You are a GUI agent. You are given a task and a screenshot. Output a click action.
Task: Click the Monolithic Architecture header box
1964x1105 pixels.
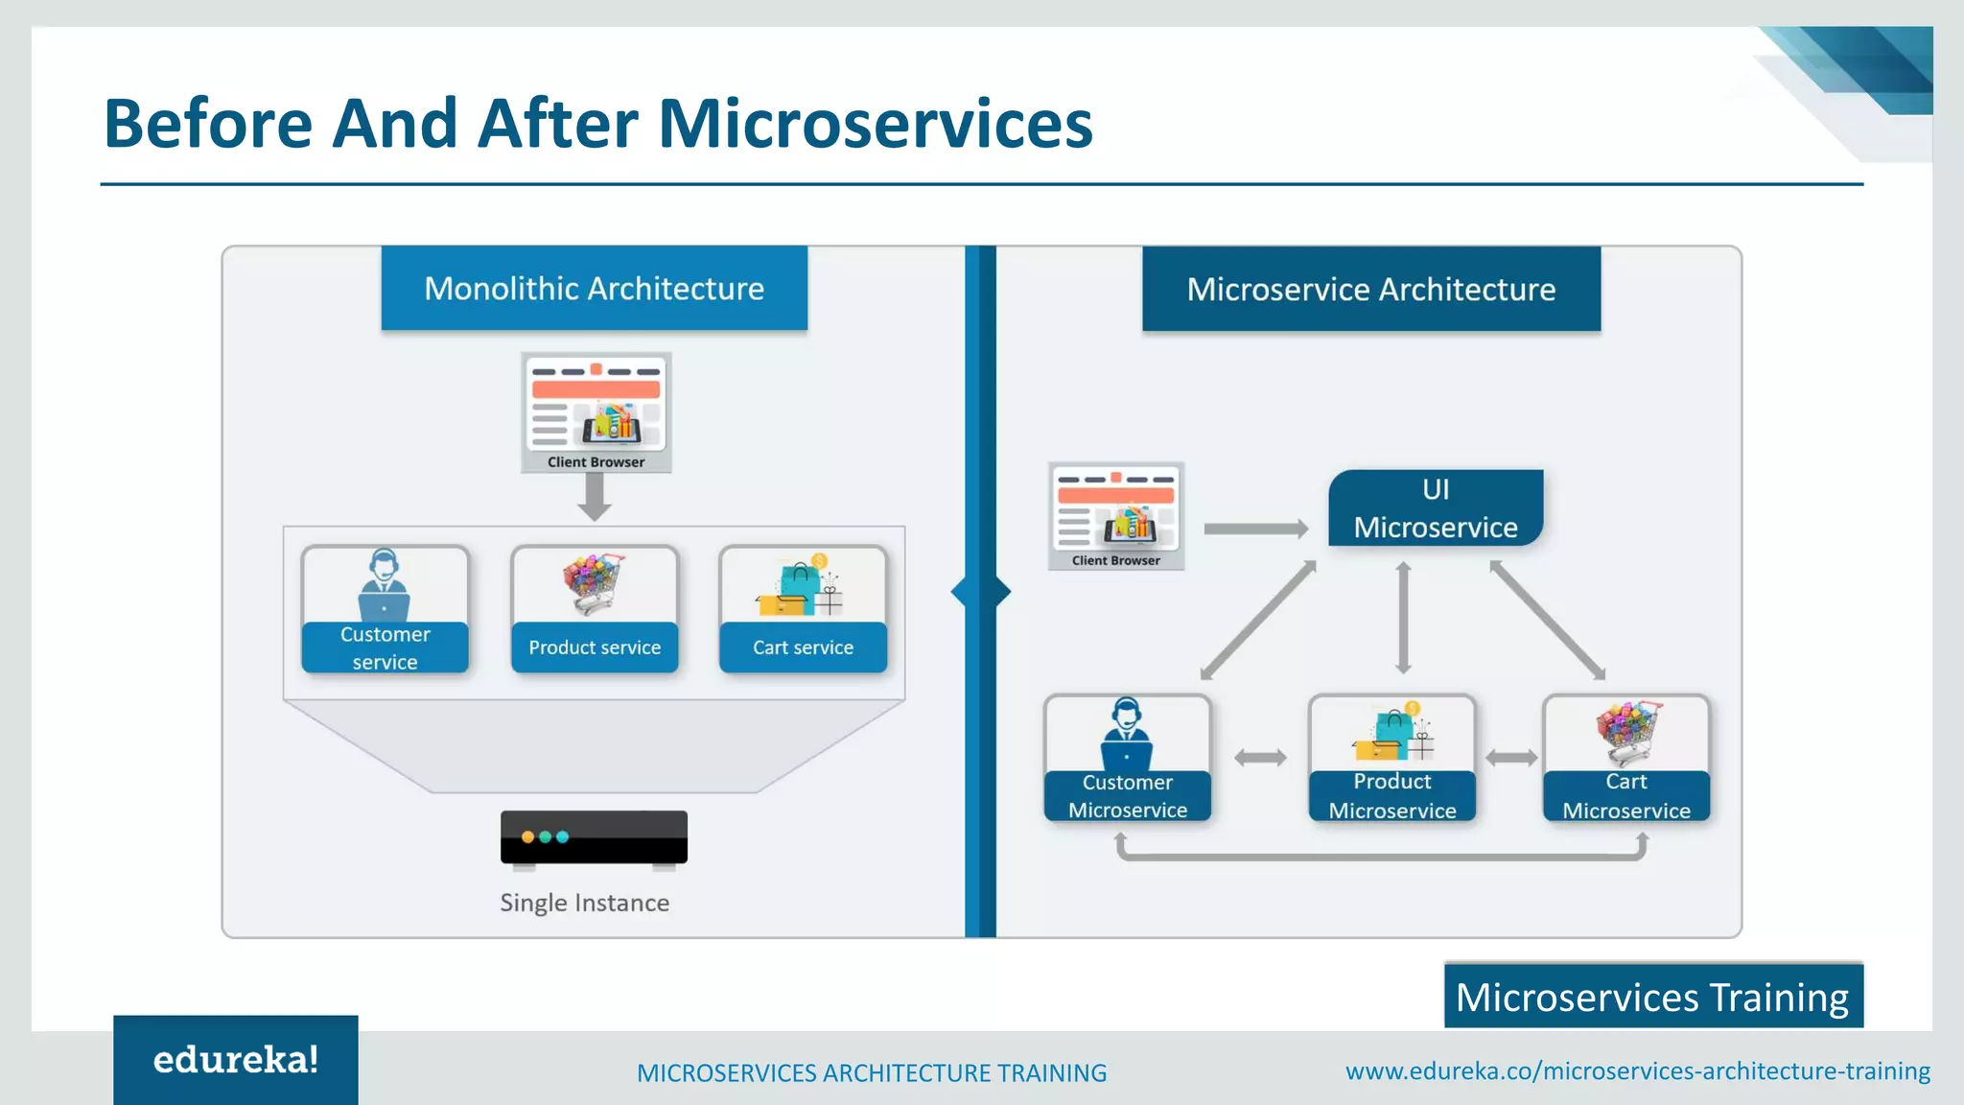594,289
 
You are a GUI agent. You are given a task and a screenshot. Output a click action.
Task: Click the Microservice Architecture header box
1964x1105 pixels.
1370,290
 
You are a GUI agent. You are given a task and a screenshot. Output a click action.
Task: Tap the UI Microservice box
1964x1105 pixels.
1435,508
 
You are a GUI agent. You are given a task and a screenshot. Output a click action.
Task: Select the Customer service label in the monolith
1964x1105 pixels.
385,647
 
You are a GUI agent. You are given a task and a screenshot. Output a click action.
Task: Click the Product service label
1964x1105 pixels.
595,647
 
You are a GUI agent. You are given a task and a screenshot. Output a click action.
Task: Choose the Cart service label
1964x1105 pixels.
803,647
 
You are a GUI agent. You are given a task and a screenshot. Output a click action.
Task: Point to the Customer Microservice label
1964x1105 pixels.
1127,796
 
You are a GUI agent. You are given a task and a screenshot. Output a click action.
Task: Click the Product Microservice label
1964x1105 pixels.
1391,796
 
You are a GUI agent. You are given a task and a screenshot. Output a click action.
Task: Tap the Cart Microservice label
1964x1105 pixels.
1625,796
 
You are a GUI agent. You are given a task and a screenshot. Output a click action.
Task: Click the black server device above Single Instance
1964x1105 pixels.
594,837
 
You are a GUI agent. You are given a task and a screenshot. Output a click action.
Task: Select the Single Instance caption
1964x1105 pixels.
584,903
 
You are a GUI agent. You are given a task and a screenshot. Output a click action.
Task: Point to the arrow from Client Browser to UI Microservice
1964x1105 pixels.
1255,529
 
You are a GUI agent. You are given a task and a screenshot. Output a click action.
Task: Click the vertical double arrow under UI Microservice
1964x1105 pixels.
1403,619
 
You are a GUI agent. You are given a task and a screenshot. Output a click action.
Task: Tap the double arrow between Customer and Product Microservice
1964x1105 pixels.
1259,758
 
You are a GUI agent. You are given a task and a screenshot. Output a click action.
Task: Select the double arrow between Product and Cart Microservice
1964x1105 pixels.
1510,758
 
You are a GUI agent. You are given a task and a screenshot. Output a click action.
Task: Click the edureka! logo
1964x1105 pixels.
235,1060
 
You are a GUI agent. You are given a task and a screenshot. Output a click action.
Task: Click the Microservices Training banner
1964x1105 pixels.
1652,997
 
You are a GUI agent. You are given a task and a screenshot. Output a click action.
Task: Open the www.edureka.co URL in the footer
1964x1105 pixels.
1637,1070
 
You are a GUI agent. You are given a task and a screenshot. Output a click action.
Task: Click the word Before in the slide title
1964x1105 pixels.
208,124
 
